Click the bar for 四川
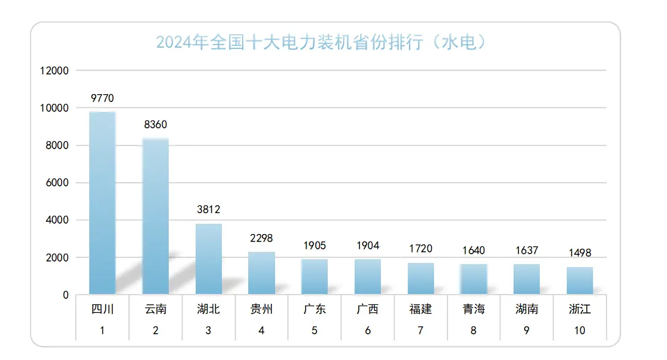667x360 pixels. [102, 203]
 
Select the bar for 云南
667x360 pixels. [155, 216]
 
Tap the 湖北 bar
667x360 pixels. [208, 259]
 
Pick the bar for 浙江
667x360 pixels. [580, 281]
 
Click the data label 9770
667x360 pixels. [102, 98]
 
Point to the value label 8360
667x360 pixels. [155, 125]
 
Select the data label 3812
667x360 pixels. [208, 210]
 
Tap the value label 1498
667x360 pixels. [580, 253]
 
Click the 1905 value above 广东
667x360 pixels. [314, 246]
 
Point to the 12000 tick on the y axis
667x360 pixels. [54, 71]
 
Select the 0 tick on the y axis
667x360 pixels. [65, 295]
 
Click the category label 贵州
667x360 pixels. [262, 309]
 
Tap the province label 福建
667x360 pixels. [421, 309]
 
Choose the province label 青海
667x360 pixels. [474, 309]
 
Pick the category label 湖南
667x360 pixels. [526, 309]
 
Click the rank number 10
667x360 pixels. [580, 331]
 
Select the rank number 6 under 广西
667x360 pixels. [367, 331]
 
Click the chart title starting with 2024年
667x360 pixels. [325, 43]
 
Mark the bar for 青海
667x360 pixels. [474, 279]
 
